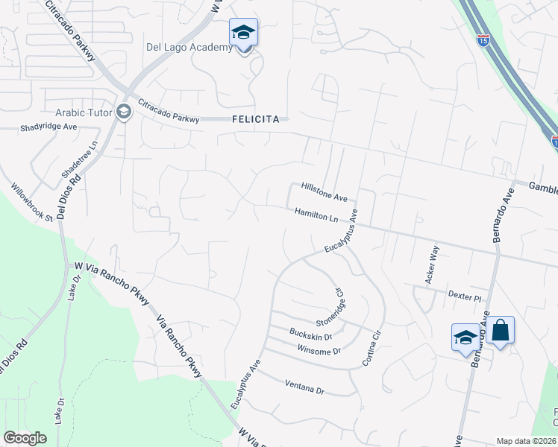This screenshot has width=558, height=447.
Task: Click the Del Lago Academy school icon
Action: point(243,34)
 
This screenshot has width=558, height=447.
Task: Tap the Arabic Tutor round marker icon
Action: point(124,113)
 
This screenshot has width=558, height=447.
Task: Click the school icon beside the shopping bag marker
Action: point(465,337)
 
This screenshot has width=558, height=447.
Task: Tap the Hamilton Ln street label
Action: point(316,214)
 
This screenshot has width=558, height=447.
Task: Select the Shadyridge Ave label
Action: point(49,127)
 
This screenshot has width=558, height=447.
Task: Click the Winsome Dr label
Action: point(319,351)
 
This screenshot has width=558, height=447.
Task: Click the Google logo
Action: point(25,438)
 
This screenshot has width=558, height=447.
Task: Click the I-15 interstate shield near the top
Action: point(483,40)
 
